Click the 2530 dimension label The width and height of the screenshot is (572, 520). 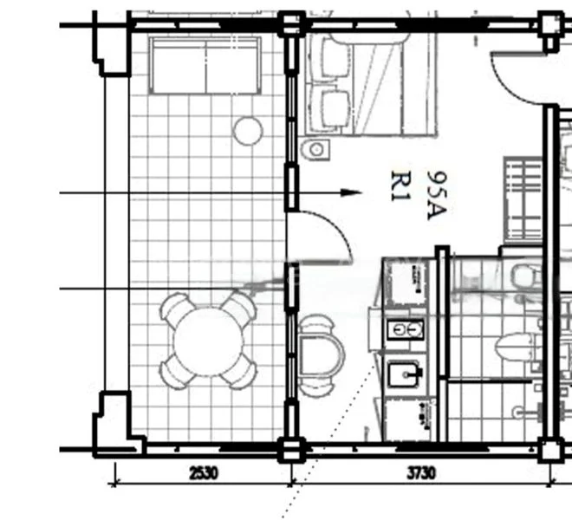coord(202,473)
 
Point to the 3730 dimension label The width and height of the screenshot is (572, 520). coord(421,473)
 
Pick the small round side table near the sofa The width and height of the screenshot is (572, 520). coord(248,131)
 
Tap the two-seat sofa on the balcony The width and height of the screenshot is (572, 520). coord(206,66)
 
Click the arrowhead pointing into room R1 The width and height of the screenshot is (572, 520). coord(350,192)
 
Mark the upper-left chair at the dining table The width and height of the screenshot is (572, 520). coord(176,309)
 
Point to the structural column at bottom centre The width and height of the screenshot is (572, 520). coord(291,450)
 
